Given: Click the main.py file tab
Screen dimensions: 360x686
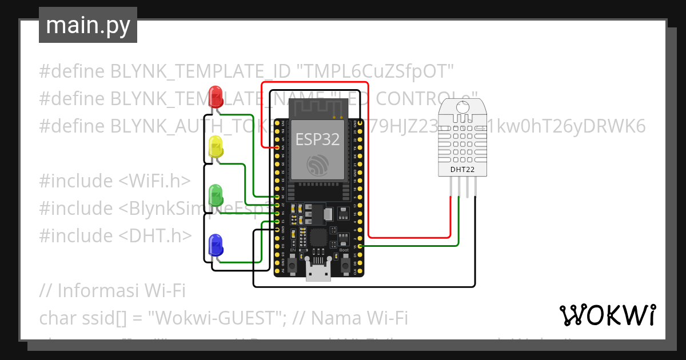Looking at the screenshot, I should (x=87, y=25).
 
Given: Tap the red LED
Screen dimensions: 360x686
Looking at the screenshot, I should (x=216, y=95).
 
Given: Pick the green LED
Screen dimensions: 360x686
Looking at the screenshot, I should (x=216, y=195).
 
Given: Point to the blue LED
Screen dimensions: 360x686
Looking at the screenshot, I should (x=216, y=245).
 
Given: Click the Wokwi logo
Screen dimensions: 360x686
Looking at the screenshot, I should (x=607, y=315).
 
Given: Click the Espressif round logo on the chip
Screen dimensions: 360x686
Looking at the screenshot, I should (x=317, y=165).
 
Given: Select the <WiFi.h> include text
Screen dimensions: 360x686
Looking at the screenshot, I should (x=154, y=181).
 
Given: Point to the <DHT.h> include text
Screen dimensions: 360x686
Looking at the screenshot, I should (x=155, y=235).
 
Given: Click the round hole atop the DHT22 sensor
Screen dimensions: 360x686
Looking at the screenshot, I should (x=463, y=106).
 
